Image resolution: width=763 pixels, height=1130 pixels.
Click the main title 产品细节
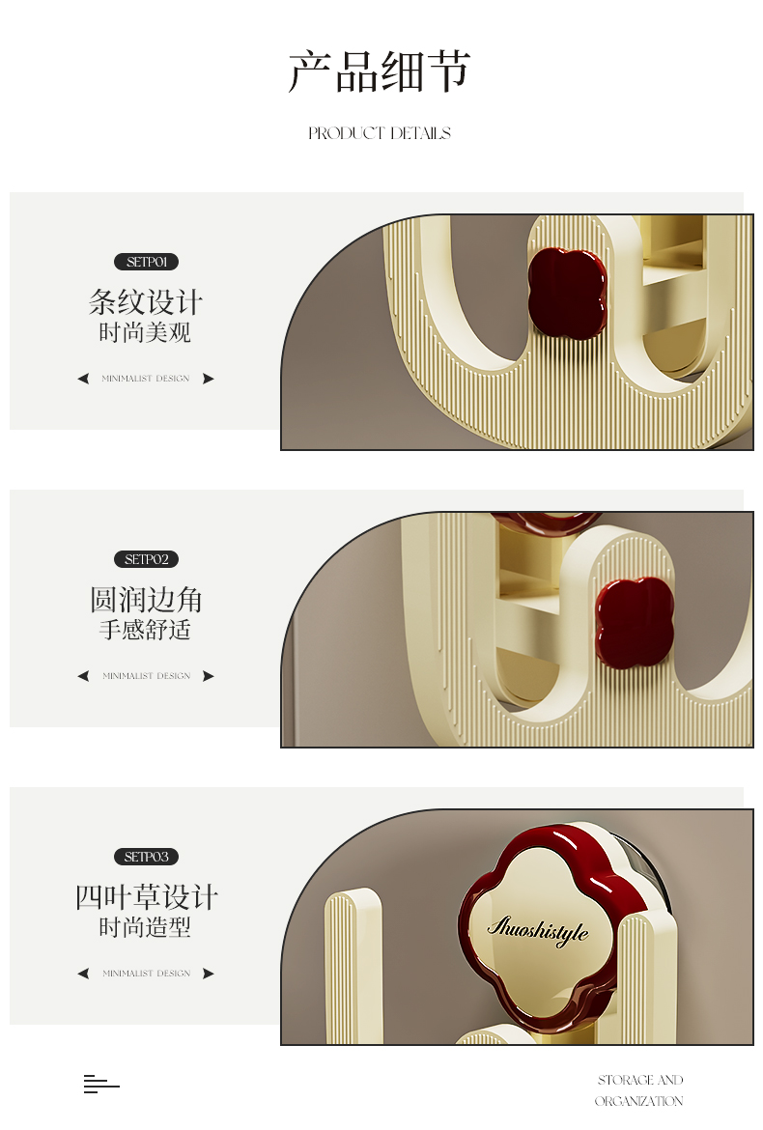pyautogui.click(x=380, y=71)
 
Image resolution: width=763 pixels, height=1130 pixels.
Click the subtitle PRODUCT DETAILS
pyautogui.click(x=380, y=133)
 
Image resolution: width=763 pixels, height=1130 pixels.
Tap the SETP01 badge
pyautogui.click(x=146, y=263)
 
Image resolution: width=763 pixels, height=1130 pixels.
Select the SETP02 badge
pyautogui.click(x=146, y=559)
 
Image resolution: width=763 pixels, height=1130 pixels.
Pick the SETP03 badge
pyautogui.click(x=146, y=857)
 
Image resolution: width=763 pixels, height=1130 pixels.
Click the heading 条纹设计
pyautogui.click(x=146, y=302)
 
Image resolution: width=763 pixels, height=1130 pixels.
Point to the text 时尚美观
pyautogui.click(x=146, y=333)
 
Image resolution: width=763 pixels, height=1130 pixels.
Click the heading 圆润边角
pyautogui.click(x=146, y=600)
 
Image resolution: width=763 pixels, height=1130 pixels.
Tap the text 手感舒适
pyautogui.click(x=146, y=630)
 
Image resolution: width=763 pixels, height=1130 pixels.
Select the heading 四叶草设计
pyautogui.click(x=147, y=897)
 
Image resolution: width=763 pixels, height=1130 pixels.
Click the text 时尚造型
pyautogui.click(x=146, y=927)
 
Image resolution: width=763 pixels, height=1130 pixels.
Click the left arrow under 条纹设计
pyautogui.click(x=84, y=379)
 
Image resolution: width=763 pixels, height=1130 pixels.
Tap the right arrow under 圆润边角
pyautogui.click(x=209, y=676)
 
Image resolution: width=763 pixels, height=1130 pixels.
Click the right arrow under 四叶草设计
pyautogui.click(x=209, y=974)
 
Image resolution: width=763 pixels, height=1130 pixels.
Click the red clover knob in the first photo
pyautogui.click(x=567, y=294)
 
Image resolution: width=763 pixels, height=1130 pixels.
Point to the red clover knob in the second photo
pyautogui.click(x=635, y=622)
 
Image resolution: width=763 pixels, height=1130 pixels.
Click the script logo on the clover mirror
pyautogui.click(x=538, y=929)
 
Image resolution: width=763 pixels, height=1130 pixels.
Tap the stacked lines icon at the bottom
pyautogui.click(x=101, y=1084)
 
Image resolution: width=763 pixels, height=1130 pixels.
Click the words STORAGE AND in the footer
pyautogui.click(x=640, y=1080)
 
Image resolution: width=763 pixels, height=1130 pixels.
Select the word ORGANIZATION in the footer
pyautogui.click(x=639, y=1101)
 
